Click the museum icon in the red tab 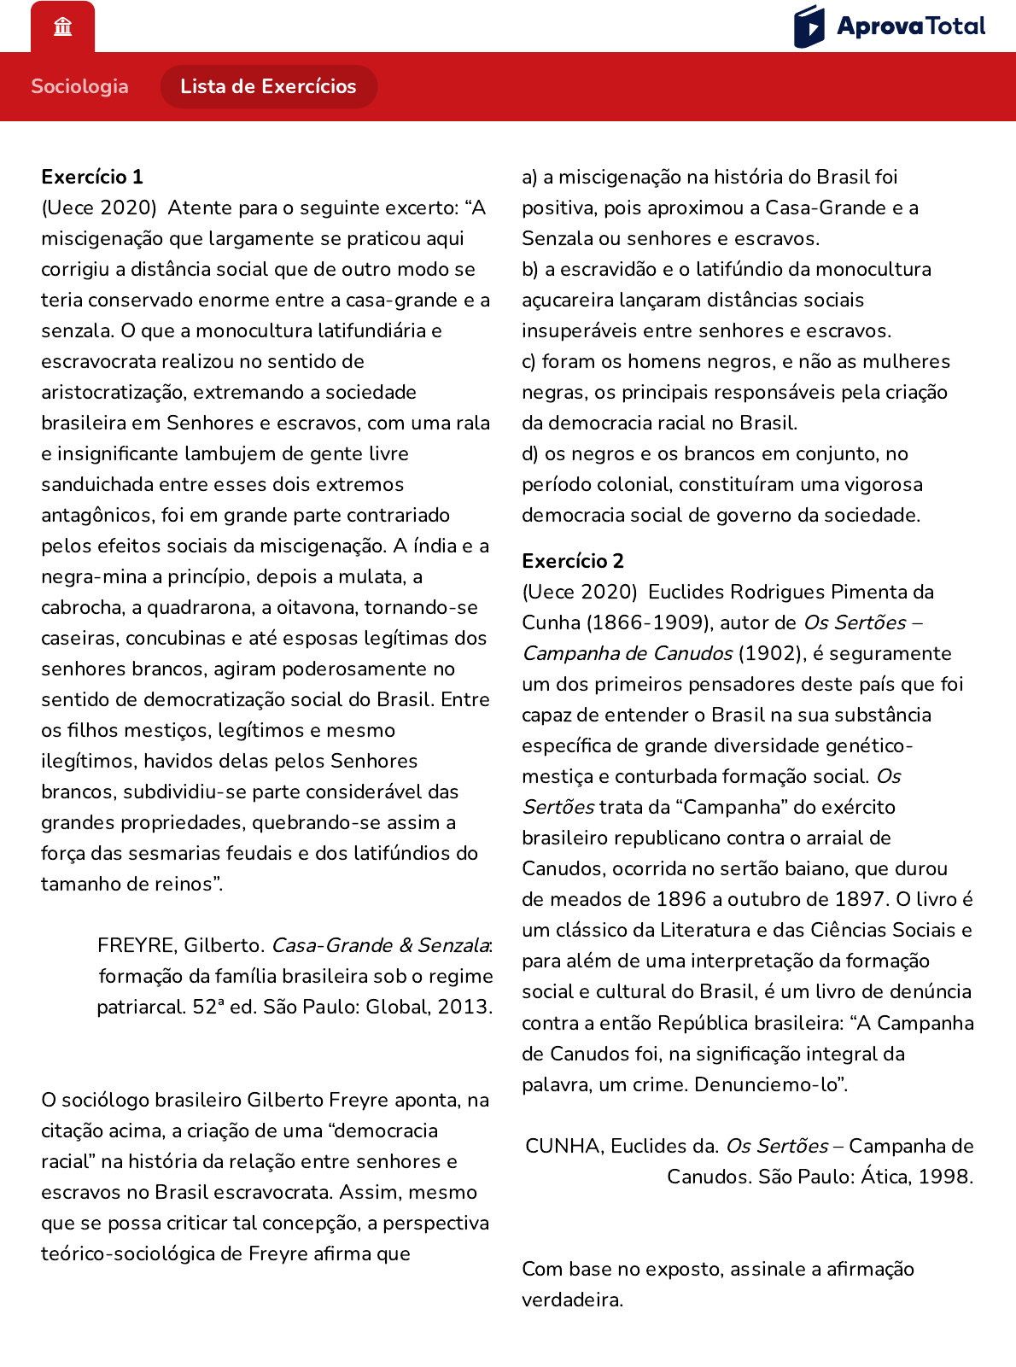pos(62,27)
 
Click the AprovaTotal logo pos(890,26)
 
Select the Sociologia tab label pos(79,86)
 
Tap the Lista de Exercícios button pos(268,86)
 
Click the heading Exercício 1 pos(92,177)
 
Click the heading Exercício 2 pos(573,561)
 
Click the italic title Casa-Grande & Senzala pos(380,945)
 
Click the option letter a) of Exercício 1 pos(529,177)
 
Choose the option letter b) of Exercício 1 pos(530,269)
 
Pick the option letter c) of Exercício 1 pos(529,361)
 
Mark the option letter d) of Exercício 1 pos(530,453)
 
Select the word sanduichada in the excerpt pos(96,484)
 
